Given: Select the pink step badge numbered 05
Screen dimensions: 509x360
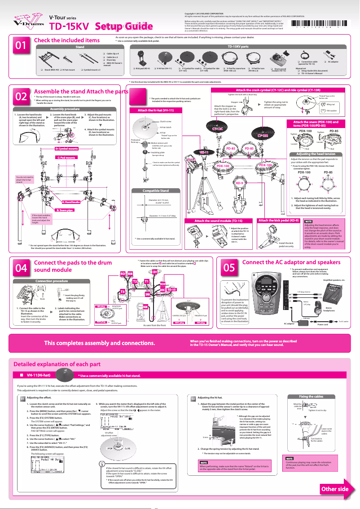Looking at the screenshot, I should point(229,268).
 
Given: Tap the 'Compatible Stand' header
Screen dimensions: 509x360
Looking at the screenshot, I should point(155,190).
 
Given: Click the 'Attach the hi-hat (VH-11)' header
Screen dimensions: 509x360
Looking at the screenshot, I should point(156,110).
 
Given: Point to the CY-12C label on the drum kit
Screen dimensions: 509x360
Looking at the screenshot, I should point(217,129).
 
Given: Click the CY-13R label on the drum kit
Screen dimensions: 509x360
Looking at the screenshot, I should point(262,135).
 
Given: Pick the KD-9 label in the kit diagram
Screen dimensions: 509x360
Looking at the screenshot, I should point(239,183).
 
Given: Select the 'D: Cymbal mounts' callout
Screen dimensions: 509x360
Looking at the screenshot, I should point(66,148).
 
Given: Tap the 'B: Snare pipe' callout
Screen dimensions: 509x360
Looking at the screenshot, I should point(64,210).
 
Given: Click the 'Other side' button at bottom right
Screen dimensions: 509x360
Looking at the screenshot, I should point(334,489).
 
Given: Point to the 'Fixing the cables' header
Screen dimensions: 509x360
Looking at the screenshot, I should point(311,397).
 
